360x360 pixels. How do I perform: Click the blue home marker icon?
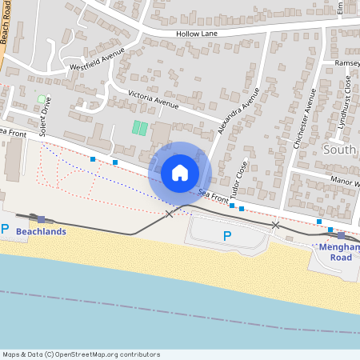click(180, 172)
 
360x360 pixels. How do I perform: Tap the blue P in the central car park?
click(226, 236)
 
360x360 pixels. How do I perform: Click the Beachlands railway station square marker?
click(42, 219)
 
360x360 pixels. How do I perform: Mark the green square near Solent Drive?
click(42, 99)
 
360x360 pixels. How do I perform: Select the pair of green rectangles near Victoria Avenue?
click(140, 127)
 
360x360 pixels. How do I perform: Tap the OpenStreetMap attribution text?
click(81, 354)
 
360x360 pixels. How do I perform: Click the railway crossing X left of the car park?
click(169, 214)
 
